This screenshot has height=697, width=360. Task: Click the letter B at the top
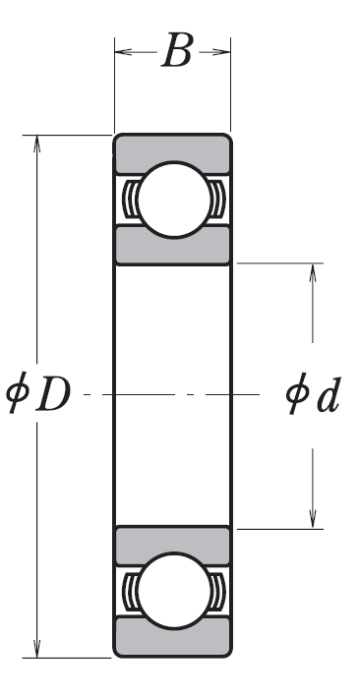point(178,50)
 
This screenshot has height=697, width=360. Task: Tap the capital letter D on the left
point(54,394)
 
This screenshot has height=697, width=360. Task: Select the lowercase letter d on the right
point(329,394)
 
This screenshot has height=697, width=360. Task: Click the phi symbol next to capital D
point(18,392)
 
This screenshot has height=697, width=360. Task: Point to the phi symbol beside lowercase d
point(297,393)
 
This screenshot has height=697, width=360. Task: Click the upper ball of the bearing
point(174,200)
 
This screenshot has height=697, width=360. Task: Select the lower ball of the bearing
point(174,591)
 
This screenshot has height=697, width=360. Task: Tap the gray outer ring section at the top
point(173,153)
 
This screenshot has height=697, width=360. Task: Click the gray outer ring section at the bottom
point(173,637)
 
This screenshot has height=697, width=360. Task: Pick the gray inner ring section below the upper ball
point(173,246)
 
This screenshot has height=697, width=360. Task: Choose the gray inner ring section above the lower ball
point(173,545)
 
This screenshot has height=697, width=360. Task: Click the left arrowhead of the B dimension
point(123,52)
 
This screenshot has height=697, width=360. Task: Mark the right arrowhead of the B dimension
point(221,52)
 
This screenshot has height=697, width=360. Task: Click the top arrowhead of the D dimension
point(37,144)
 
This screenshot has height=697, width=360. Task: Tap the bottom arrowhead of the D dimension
point(37,649)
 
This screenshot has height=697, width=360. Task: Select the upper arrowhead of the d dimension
point(313,272)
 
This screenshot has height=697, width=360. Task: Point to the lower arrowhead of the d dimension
point(313,519)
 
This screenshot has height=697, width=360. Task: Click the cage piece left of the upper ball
point(131,200)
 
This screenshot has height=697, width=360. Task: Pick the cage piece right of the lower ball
point(217,591)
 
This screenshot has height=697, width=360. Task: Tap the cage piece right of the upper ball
point(217,200)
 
